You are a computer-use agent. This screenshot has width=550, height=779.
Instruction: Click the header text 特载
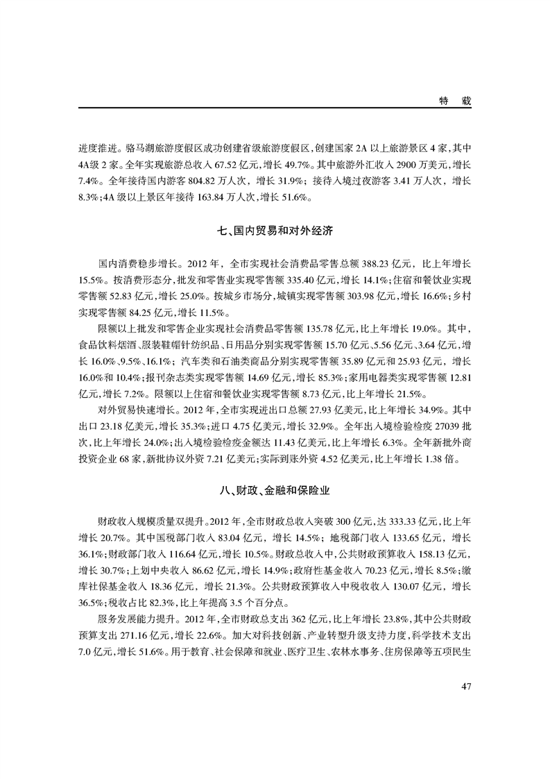pyautogui.click(x=455, y=101)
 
